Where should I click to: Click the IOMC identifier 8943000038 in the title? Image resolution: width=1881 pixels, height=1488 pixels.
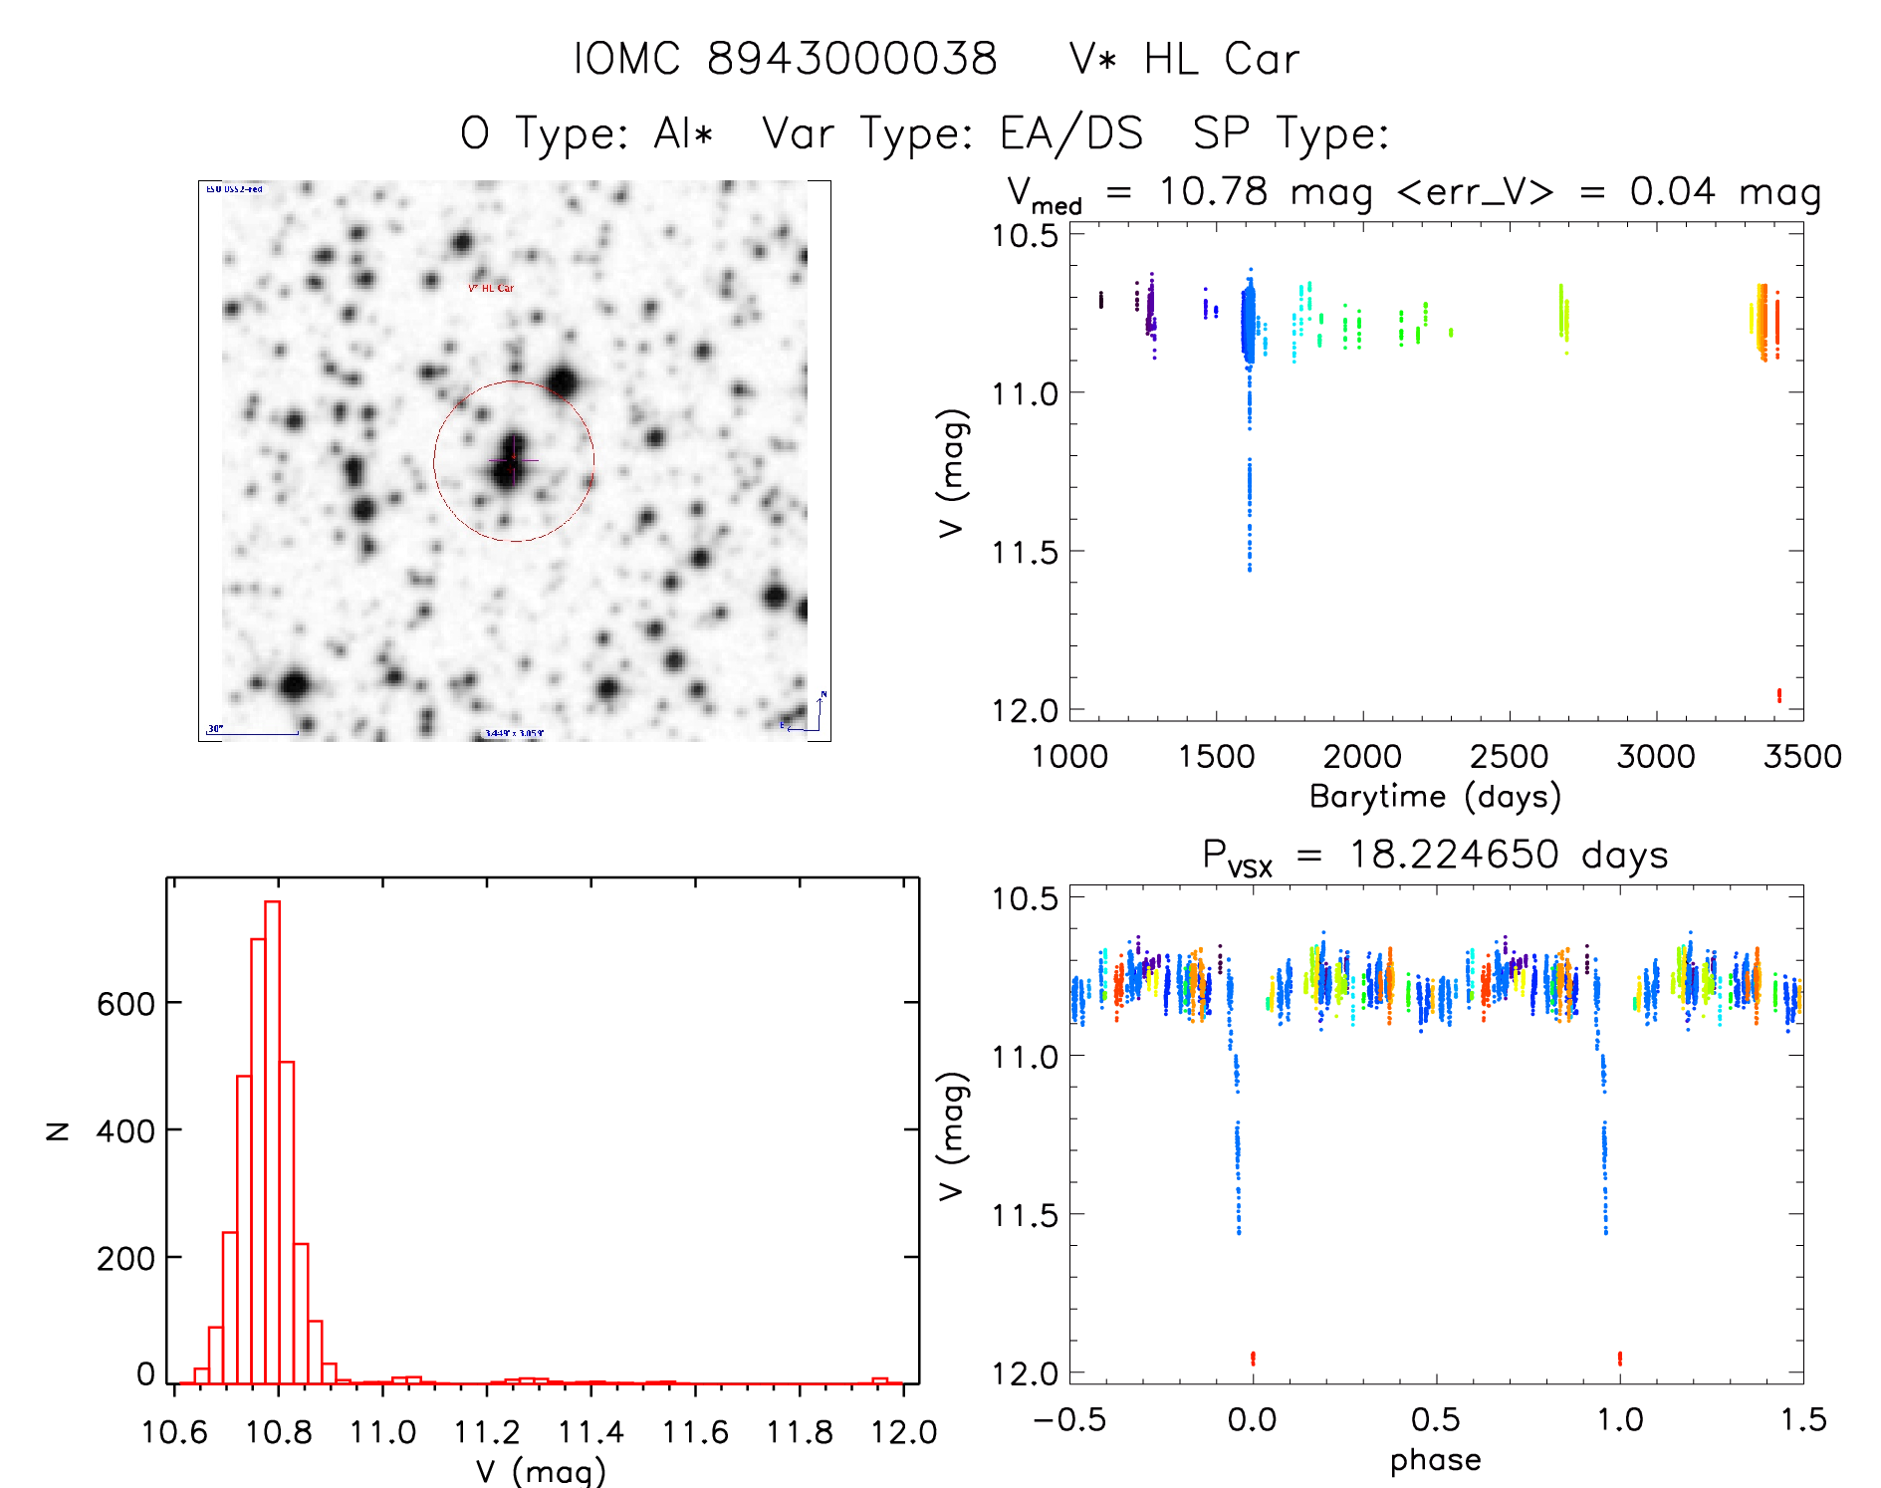coord(851,59)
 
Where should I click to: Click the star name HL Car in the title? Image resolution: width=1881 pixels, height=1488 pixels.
coord(1221,59)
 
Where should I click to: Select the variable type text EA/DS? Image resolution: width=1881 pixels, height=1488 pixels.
coord(1071,133)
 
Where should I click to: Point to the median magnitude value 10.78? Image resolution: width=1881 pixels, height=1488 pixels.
coord(1213,191)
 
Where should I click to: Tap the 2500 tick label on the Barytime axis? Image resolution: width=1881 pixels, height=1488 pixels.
coord(1509,756)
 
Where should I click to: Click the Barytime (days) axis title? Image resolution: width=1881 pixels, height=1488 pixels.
coord(1435,797)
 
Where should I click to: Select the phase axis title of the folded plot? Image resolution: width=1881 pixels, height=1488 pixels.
coord(1435,1460)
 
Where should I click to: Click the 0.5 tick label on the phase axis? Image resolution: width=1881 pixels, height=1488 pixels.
coord(1435,1419)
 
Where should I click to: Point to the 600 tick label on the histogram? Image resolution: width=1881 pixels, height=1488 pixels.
coord(125,1003)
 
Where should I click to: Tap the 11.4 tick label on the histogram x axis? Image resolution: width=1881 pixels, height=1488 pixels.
coord(589,1432)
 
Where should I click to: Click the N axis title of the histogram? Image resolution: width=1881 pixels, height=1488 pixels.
coord(58,1130)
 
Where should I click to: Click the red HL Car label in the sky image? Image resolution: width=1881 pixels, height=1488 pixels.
coord(492,289)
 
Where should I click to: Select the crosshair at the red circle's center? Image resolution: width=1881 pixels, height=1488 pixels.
coord(514,460)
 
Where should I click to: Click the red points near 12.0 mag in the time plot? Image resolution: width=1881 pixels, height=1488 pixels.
coord(1778,695)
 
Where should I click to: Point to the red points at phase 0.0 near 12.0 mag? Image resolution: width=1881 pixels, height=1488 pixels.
coord(1253,1358)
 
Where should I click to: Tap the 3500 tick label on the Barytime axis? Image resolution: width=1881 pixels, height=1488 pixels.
coord(1801,756)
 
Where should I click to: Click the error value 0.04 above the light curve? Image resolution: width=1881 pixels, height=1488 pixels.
coord(1672,191)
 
